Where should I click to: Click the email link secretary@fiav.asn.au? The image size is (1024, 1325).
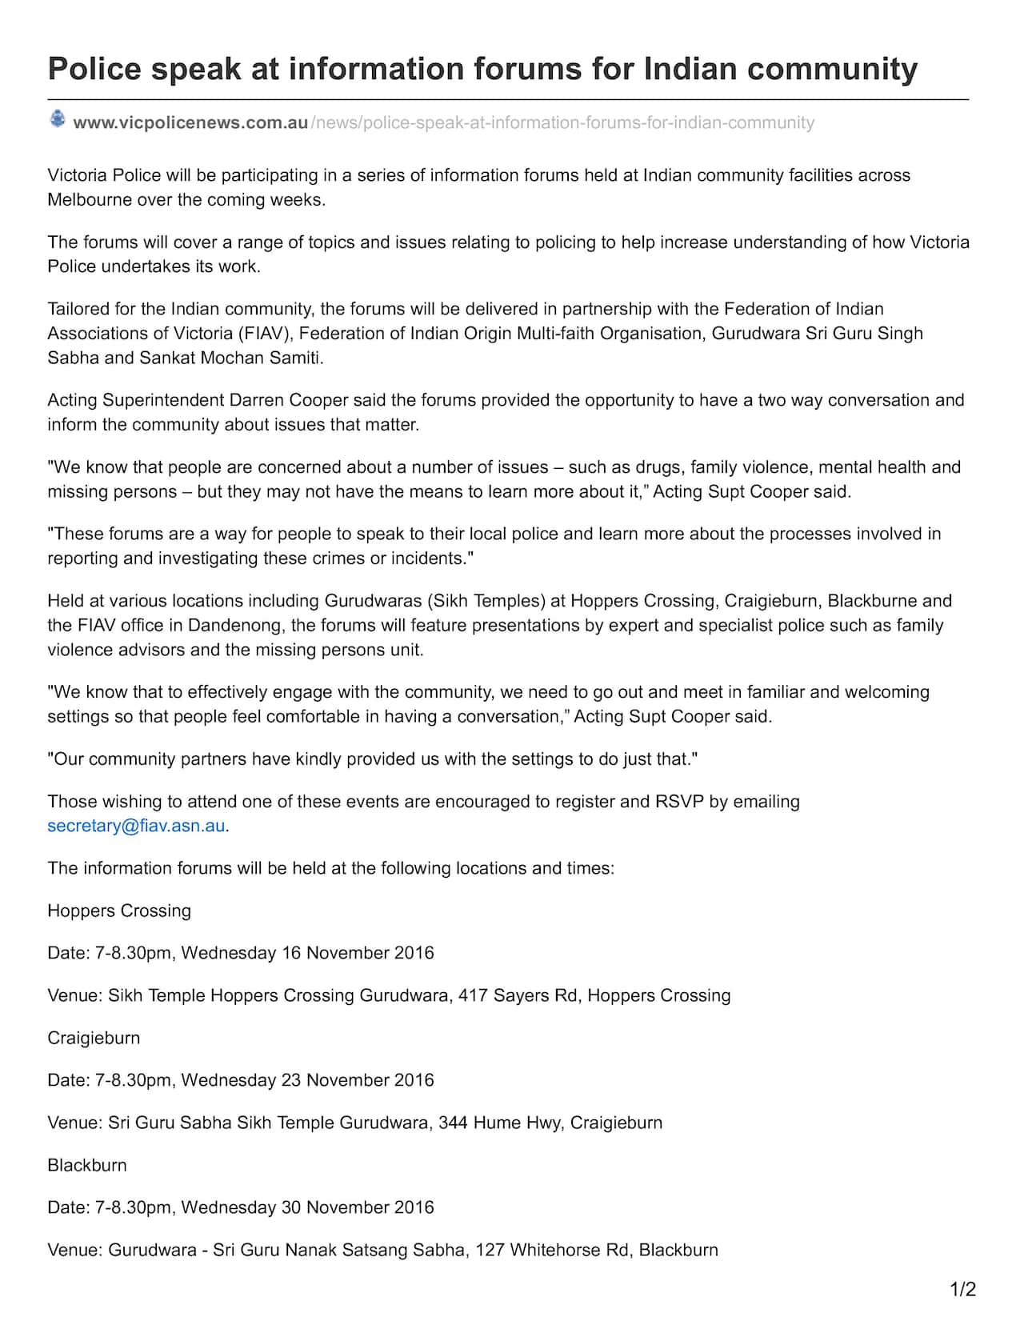136,826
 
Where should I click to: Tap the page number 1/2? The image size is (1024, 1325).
962,1289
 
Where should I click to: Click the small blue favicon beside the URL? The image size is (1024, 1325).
58,119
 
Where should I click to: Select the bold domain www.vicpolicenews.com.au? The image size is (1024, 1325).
190,122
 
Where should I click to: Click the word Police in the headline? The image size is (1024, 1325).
94,69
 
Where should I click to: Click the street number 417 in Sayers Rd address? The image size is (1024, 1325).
473,995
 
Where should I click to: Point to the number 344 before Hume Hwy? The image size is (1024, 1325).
453,1123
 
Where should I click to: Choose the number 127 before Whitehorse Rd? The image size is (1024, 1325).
490,1250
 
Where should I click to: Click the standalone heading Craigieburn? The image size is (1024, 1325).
94,1038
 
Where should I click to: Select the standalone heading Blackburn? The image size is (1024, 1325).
87,1165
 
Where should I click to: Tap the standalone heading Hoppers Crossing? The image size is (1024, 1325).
119,911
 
